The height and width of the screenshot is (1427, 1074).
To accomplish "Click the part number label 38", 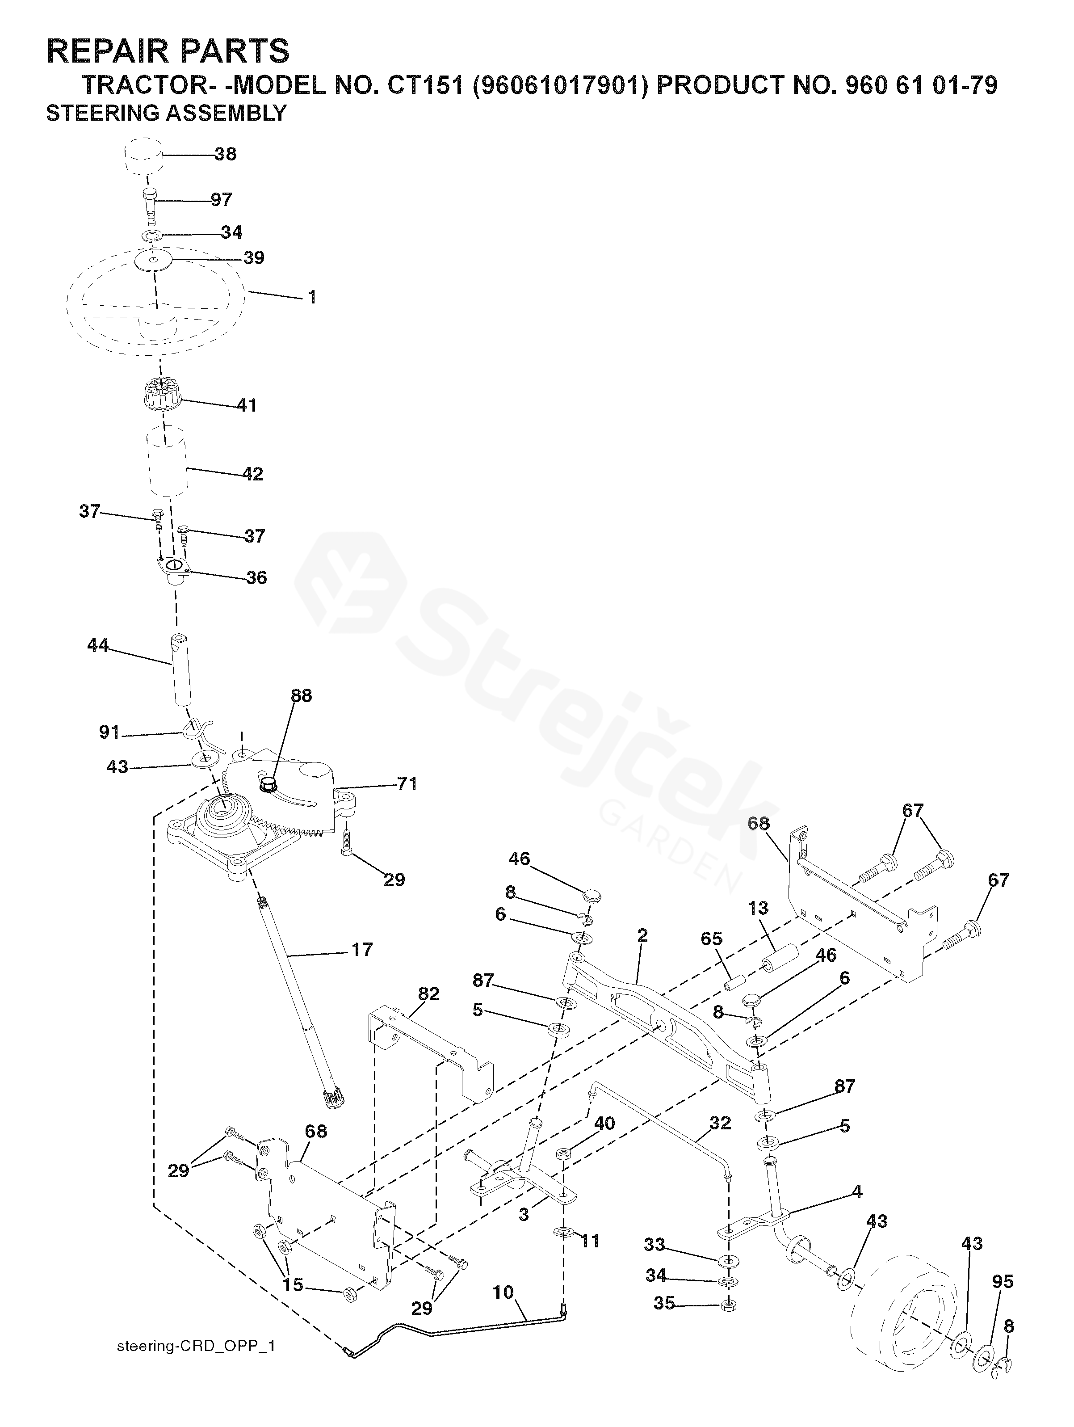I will [x=225, y=154].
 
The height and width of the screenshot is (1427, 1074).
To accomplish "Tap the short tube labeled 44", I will [x=182, y=671].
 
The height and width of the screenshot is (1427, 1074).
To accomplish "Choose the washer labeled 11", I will [x=563, y=1233].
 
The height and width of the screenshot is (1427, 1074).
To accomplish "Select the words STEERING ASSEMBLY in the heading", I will [x=166, y=113].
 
